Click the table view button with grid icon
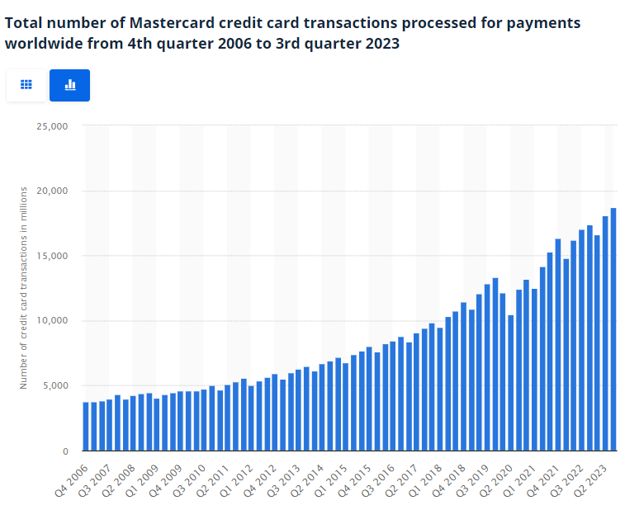tap(26, 85)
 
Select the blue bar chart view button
tap(69, 85)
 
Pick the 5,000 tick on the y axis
tap(54, 386)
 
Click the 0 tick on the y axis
tap(64, 451)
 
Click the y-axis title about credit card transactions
tap(24, 287)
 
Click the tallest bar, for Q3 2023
tap(613, 329)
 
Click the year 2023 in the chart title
tap(382, 44)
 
